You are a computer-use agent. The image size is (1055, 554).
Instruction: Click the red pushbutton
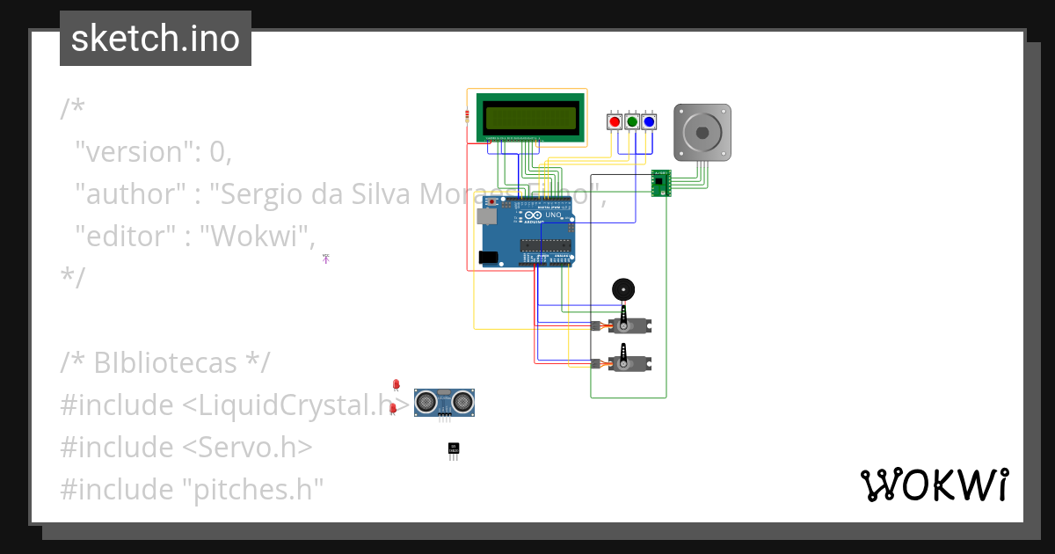[x=615, y=122]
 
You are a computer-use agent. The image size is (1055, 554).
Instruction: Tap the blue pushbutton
[x=649, y=122]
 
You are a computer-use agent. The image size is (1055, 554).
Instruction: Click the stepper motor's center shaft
[x=702, y=133]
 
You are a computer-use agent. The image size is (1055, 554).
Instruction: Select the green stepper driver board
[x=660, y=184]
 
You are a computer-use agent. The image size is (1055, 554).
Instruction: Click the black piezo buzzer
[x=622, y=289]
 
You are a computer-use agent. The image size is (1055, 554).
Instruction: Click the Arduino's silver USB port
[x=485, y=215]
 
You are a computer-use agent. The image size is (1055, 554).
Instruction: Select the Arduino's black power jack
[x=487, y=258]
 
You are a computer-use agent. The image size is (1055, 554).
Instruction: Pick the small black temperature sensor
[x=454, y=449]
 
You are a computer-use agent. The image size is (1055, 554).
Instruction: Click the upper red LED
[x=396, y=384]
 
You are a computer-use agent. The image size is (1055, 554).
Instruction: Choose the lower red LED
[x=392, y=408]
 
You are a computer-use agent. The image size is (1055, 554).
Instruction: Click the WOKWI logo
[x=934, y=485]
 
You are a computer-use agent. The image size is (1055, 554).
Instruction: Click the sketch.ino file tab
[x=156, y=39]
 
